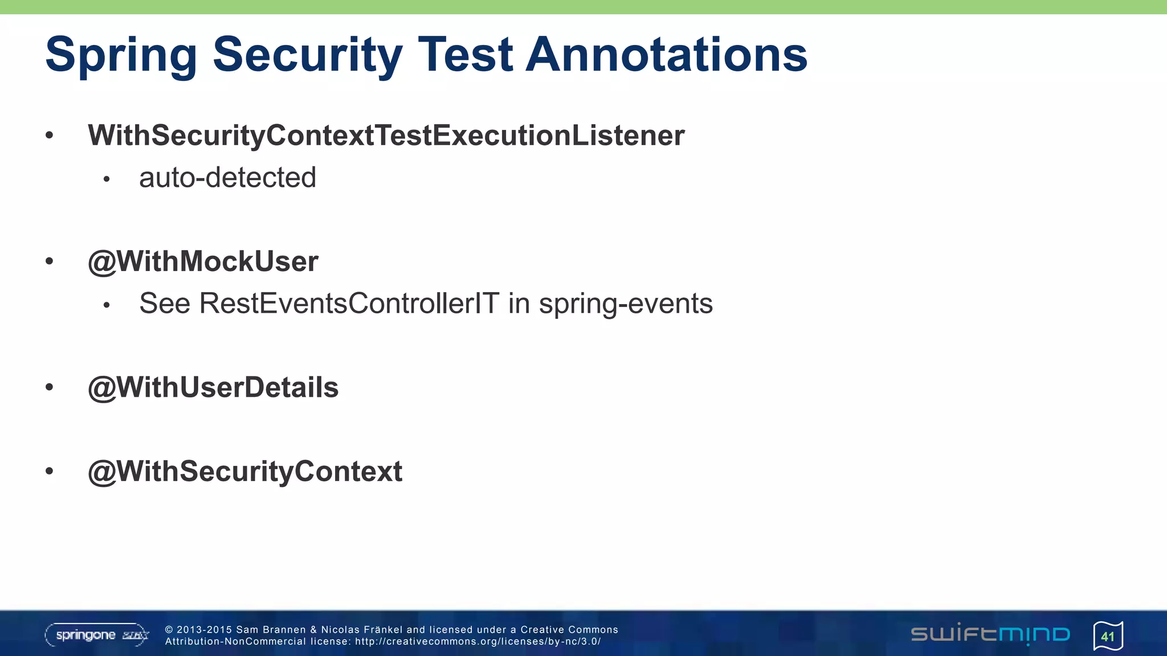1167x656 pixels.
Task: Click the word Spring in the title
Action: click(x=121, y=55)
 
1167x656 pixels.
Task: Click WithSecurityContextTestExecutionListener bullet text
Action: click(x=386, y=136)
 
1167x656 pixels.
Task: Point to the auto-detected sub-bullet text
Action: click(x=227, y=178)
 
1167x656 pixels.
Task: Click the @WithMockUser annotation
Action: click(x=203, y=261)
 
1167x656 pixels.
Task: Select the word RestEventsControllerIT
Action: click(x=349, y=304)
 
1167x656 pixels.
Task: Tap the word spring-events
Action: click(x=626, y=304)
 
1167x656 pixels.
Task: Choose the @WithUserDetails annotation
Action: click(x=213, y=388)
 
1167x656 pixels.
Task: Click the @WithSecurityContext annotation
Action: click(x=245, y=471)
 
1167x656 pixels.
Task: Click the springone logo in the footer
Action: click(x=97, y=635)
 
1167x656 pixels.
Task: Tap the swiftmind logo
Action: click(x=990, y=634)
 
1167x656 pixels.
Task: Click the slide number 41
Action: click(x=1108, y=636)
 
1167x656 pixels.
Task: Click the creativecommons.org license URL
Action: click(x=478, y=642)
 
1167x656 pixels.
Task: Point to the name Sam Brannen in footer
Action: click(x=271, y=630)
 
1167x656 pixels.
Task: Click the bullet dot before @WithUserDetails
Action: click(x=50, y=388)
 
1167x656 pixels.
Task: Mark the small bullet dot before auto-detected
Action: click(x=107, y=179)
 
